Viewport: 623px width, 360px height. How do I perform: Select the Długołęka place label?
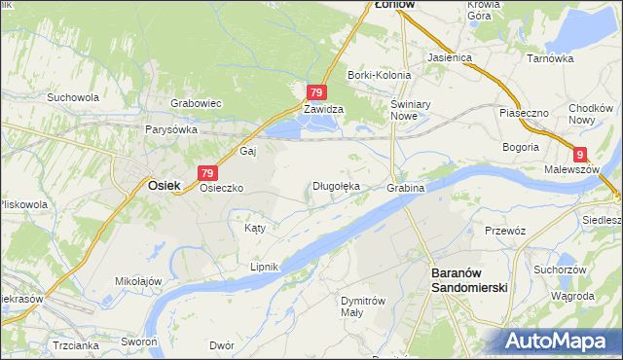pyautogui.click(x=337, y=185)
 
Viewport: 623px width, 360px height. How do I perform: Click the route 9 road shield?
pyautogui.click(x=580, y=154)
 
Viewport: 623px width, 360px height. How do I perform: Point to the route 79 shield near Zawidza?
pyautogui.click(x=315, y=92)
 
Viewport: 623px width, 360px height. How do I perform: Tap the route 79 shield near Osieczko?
pyautogui.click(x=206, y=172)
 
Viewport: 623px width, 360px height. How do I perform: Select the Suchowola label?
pyautogui.click(x=73, y=97)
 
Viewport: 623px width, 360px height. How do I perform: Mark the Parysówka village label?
pyautogui.click(x=171, y=128)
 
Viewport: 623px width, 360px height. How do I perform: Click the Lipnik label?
pyautogui.click(x=265, y=267)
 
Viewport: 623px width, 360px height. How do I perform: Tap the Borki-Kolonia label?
pyautogui.click(x=376, y=75)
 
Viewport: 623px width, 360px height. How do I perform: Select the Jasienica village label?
pyautogui.click(x=449, y=57)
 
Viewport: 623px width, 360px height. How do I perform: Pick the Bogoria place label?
pyautogui.click(x=521, y=147)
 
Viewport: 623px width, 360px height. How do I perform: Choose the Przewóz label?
pyautogui.click(x=505, y=231)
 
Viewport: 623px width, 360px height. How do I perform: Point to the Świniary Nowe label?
pyautogui.click(x=403, y=110)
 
